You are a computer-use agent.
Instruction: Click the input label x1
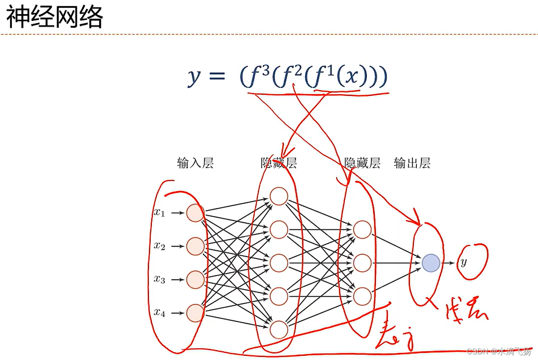159,212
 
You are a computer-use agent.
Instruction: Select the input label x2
159,246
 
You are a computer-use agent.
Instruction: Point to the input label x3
159,279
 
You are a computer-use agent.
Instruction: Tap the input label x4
159,312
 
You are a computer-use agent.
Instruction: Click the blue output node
431,263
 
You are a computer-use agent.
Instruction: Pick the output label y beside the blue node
464,263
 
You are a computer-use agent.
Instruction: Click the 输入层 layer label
195,163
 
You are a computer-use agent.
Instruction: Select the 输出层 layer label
412,163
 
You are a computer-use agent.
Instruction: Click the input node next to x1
195,213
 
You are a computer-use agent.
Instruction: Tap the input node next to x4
195,313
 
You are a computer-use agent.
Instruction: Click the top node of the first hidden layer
279,196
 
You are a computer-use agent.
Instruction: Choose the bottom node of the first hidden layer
279,329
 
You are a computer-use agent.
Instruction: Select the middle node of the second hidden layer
362,263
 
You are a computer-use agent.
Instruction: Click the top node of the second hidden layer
362,229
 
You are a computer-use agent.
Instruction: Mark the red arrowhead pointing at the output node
416,221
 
